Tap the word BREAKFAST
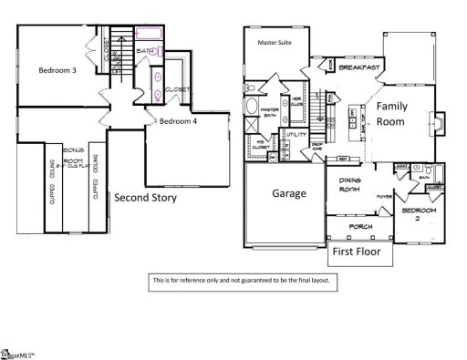358,67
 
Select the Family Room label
400,114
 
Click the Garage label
289,193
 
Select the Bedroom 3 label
57,70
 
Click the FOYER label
385,194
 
